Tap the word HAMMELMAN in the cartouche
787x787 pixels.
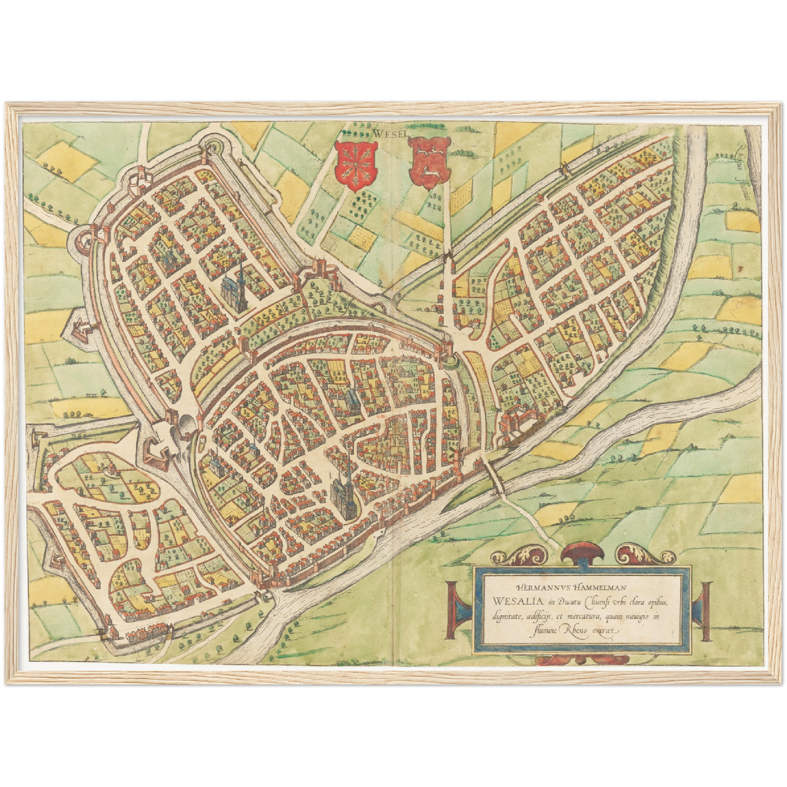tap(599, 587)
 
